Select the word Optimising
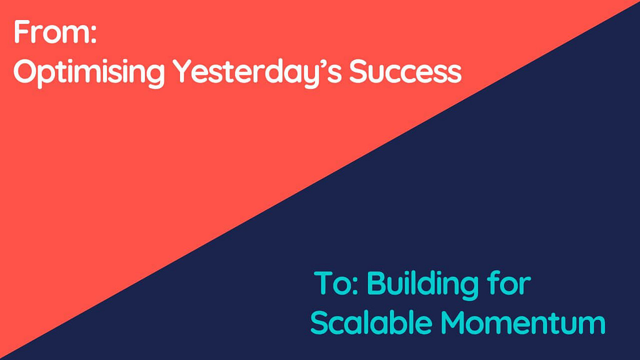89,73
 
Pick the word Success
405,72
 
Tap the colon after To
354,286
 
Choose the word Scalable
371,322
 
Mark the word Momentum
523,322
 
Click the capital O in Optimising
26,72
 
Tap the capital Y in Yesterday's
182,72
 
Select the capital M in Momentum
454,322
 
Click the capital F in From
22,32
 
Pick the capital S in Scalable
319,322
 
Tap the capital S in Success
359,72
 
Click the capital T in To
324,283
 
